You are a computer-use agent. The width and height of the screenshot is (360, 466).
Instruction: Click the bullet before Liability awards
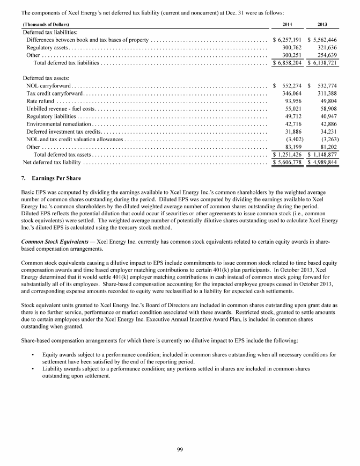tap(33, 370)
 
